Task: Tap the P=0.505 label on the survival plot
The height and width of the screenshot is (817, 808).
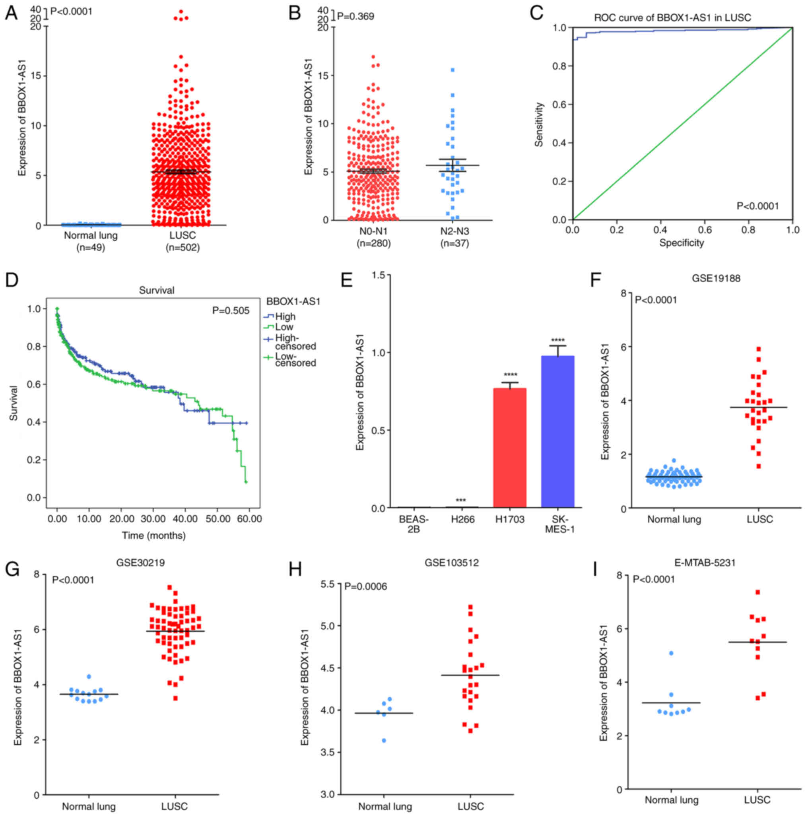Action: click(x=231, y=311)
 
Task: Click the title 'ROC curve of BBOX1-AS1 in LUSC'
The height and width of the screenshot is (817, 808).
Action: click(x=672, y=18)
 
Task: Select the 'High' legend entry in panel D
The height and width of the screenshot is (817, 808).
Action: click(x=285, y=316)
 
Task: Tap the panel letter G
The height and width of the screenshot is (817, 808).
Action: click(x=12, y=569)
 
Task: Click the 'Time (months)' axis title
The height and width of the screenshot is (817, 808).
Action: click(x=153, y=536)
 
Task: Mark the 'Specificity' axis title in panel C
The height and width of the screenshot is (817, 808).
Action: click(x=681, y=243)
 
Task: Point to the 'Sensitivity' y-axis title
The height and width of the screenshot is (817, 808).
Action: click(x=538, y=125)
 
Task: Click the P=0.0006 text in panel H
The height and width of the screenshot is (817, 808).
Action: click(x=365, y=586)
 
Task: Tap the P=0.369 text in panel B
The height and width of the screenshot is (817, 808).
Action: click(x=355, y=16)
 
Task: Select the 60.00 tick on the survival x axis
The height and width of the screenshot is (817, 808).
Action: click(x=249, y=519)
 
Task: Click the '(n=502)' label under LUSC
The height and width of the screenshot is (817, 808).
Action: click(x=183, y=247)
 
